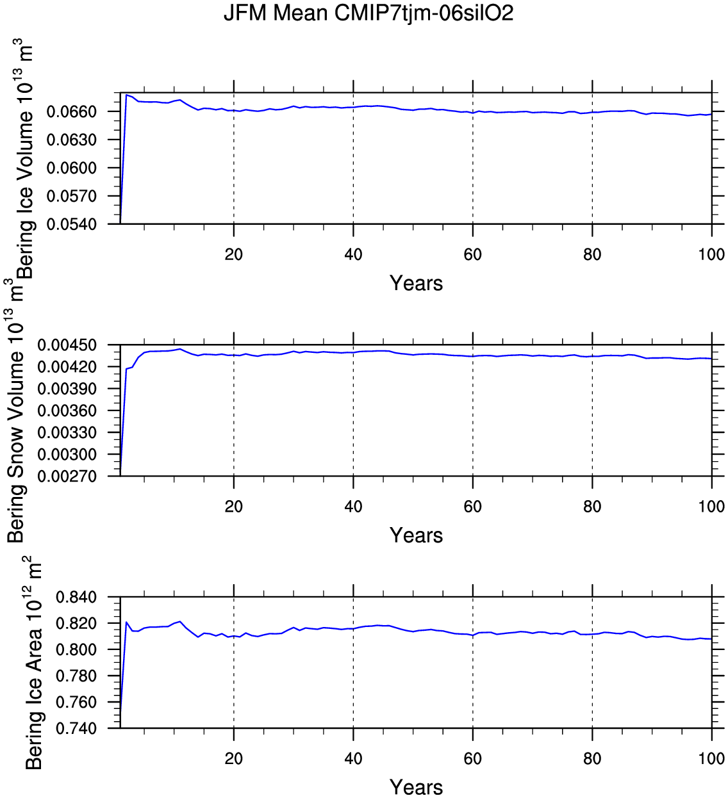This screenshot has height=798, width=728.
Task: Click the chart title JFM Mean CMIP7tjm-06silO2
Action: [368, 13]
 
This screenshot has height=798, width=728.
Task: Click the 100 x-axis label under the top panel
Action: [711, 254]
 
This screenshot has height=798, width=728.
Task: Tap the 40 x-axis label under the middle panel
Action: [353, 507]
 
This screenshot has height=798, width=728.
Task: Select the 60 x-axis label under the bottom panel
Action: [473, 759]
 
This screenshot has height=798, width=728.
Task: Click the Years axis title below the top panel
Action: [416, 283]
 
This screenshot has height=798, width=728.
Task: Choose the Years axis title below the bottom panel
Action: [416, 787]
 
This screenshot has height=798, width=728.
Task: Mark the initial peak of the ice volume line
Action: [127, 95]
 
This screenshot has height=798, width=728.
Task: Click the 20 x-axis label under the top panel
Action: [234, 254]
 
